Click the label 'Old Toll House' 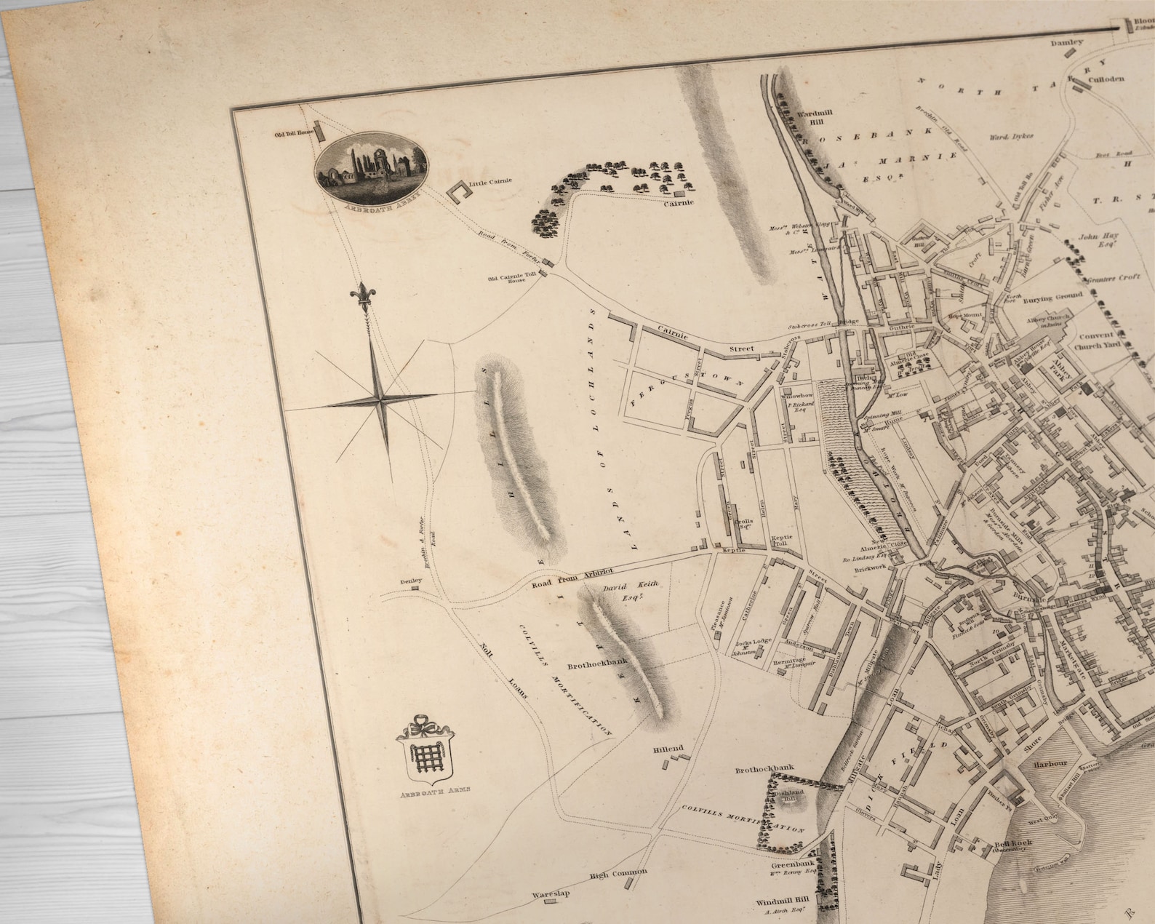click(x=293, y=133)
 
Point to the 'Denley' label click(x=410, y=581)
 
